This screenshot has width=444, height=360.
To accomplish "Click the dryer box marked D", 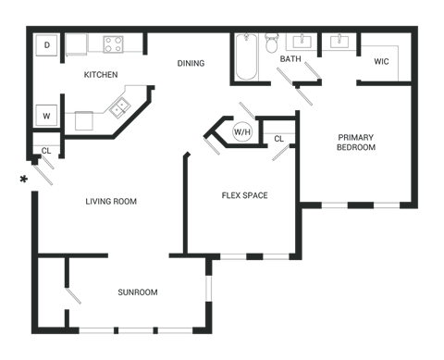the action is tap(46, 45).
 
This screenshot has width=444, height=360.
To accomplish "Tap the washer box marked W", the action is tap(46, 116).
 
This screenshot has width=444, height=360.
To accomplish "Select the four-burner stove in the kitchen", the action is tap(113, 44).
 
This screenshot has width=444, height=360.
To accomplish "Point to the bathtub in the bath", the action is tap(246, 57).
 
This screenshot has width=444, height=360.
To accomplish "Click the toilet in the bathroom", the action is tap(272, 43).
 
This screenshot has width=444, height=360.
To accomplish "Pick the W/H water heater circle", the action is tap(242, 132).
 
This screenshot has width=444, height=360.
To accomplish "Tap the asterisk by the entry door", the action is tap(23, 179).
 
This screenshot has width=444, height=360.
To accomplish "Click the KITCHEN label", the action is tap(101, 75).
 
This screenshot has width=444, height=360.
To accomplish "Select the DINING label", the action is tap(191, 63).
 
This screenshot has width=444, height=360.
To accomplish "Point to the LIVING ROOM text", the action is tap(111, 202).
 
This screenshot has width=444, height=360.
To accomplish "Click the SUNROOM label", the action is tap(138, 292).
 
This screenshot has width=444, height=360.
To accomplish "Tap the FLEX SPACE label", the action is tap(245, 195).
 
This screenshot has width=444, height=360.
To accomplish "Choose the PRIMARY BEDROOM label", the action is tap(356, 143).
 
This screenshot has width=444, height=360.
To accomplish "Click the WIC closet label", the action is tap(381, 61).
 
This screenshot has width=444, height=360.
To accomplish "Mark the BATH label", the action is tap(290, 58).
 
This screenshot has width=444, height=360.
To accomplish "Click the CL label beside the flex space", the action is tap(278, 139).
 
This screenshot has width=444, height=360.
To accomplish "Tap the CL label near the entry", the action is tap(46, 151).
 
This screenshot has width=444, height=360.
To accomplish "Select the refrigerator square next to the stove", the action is tap(76, 44).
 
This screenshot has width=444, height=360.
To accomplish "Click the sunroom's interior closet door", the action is tap(73, 296).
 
